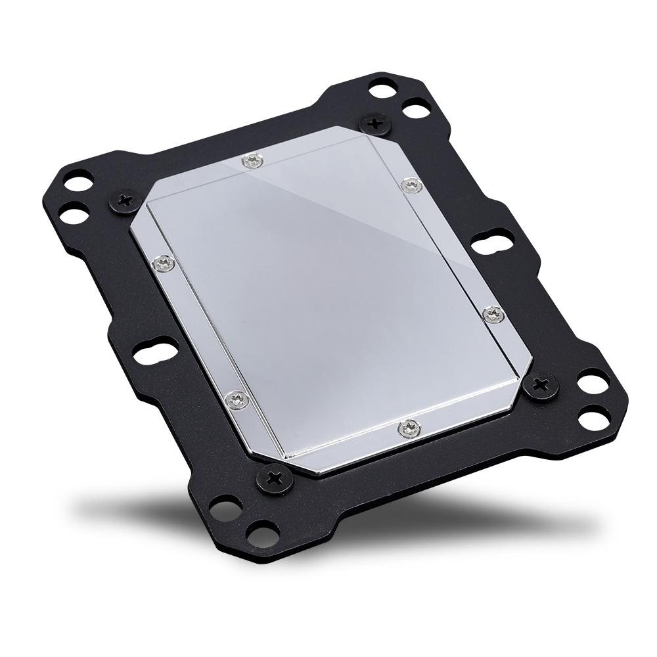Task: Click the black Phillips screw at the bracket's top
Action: point(376,122)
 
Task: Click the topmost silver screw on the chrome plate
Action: point(250,159)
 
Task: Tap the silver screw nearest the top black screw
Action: point(411,185)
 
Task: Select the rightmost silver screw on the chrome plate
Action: point(492,314)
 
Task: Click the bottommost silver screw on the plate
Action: point(409,428)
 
